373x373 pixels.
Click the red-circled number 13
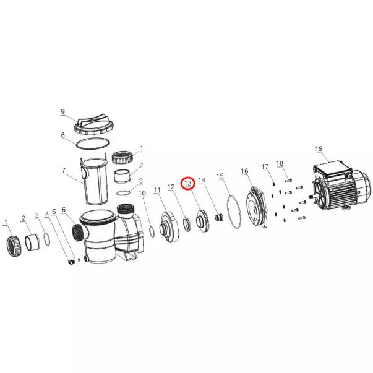(x=188, y=184)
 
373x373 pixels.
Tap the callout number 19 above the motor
(x=319, y=148)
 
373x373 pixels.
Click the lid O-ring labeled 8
(x=93, y=143)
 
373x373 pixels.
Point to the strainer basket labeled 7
(x=94, y=182)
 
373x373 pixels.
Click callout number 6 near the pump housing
(x=63, y=210)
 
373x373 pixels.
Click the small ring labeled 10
(x=152, y=232)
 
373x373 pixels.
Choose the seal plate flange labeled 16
(x=257, y=208)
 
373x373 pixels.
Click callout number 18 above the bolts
(x=280, y=163)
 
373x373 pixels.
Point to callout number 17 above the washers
(x=265, y=167)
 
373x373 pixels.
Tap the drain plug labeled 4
(x=71, y=262)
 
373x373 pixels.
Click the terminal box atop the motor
(x=333, y=170)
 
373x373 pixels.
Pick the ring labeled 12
(x=187, y=225)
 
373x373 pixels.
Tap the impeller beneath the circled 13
(x=202, y=220)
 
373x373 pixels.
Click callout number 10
(x=142, y=193)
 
